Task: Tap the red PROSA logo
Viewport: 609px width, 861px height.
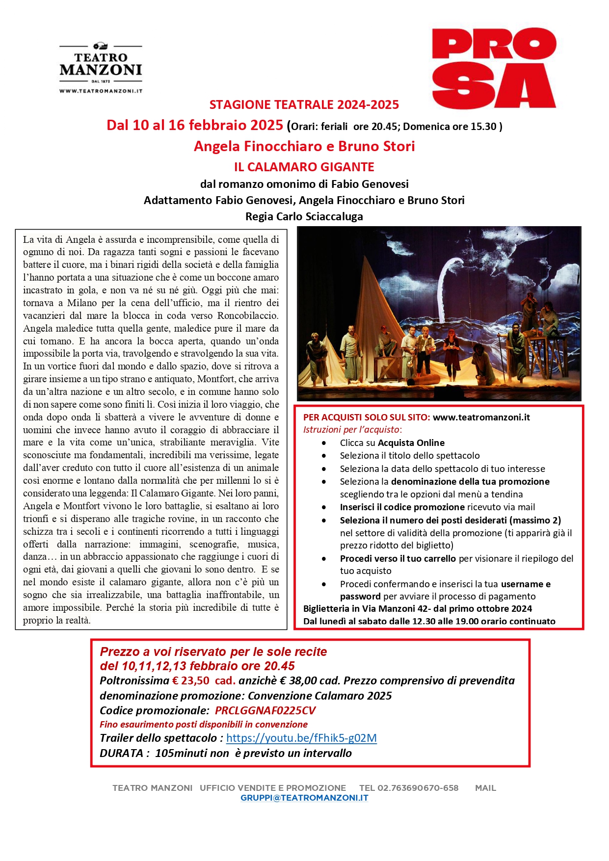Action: (494, 68)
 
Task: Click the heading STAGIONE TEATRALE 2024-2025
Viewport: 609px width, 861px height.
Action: (304, 104)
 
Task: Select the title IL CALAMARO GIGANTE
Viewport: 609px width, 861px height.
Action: (304, 167)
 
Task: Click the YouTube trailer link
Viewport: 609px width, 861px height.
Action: (301, 738)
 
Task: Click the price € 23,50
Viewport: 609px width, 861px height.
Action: (190, 680)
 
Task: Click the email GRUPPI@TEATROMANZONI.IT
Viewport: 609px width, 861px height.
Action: (304, 798)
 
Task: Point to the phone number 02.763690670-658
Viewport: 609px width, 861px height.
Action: (418, 788)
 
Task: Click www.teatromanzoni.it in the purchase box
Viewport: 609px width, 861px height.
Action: (481, 417)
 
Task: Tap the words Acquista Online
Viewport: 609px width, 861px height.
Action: (411, 443)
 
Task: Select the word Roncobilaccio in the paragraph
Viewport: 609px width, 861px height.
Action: (248, 315)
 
